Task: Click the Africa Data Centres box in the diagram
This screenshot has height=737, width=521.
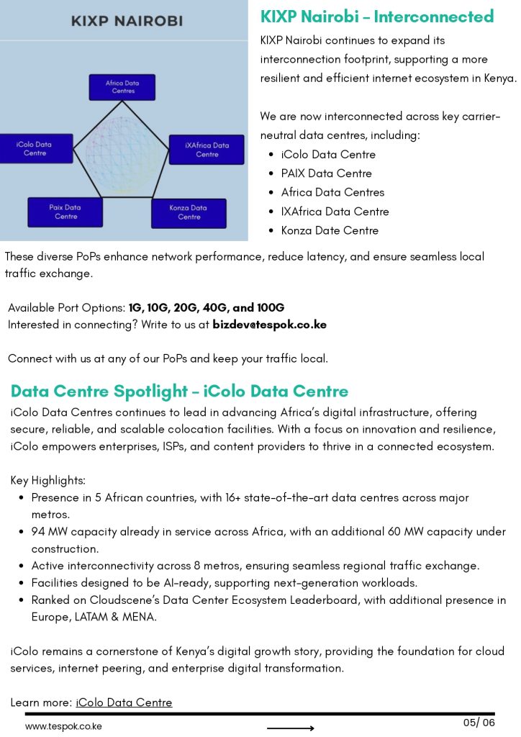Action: pos(122,87)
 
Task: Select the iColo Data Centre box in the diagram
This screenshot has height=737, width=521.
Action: pos(35,149)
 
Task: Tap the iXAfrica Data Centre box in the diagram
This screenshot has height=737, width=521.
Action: pos(207,150)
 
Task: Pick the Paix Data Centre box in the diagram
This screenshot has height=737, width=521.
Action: pos(65,212)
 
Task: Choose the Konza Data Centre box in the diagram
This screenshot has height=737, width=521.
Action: pos(189,212)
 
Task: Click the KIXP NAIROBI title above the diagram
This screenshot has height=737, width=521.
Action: pos(127,22)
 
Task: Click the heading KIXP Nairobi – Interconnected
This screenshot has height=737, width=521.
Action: pos(376,17)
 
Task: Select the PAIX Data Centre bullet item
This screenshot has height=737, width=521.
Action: pos(326,173)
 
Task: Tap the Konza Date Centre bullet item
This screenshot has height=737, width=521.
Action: pos(330,230)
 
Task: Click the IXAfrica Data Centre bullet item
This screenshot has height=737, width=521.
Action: pos(335,212)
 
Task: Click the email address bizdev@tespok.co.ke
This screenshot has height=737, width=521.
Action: pos(269,325)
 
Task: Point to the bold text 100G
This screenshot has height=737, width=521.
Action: pos(271,307)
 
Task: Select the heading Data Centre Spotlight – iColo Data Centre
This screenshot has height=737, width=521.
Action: pos(179,392)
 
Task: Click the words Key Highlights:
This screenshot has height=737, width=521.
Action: pos(47,480)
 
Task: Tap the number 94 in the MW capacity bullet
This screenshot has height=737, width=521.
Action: pos(38,532)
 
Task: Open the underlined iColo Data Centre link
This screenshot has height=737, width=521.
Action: pos(124,702)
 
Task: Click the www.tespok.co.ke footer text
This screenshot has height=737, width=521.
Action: pos(63,726)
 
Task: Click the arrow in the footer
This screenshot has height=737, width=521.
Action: pos(290,728)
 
